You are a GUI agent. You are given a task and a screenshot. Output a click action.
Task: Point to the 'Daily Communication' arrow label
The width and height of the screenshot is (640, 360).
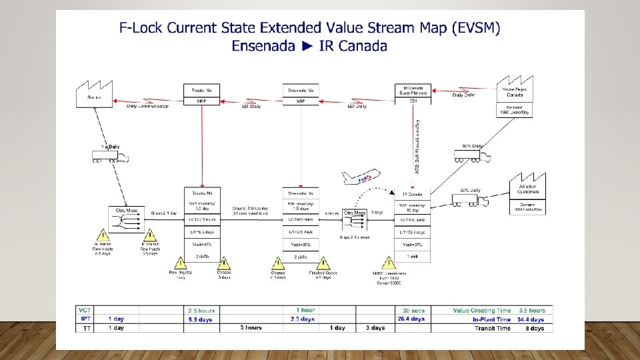(148, 107)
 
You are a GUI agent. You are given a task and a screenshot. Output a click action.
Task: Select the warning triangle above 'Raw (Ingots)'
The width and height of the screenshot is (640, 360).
(179, 263)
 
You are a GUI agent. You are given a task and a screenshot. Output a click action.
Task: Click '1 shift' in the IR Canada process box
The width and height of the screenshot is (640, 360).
(413, 257)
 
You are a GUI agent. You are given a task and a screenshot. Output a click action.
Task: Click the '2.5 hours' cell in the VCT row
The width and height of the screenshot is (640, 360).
(201, 311)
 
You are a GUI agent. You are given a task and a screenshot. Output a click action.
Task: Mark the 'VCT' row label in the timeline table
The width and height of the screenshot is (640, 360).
(85, 311)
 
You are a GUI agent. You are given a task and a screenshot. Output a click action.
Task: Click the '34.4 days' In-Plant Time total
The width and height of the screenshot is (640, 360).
(531, 319)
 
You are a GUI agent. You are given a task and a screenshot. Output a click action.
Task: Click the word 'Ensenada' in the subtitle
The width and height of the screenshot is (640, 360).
(261, 46)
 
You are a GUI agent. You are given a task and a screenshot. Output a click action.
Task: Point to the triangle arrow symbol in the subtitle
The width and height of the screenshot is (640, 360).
(307, 46)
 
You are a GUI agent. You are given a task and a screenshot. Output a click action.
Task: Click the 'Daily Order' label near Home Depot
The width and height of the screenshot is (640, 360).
(465, 95)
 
